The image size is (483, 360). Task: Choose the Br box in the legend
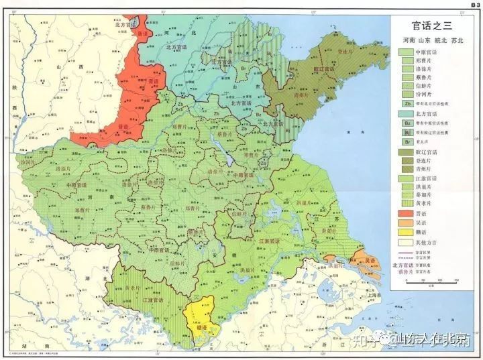point(407,142)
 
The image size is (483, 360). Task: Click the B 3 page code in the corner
point(473,5)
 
